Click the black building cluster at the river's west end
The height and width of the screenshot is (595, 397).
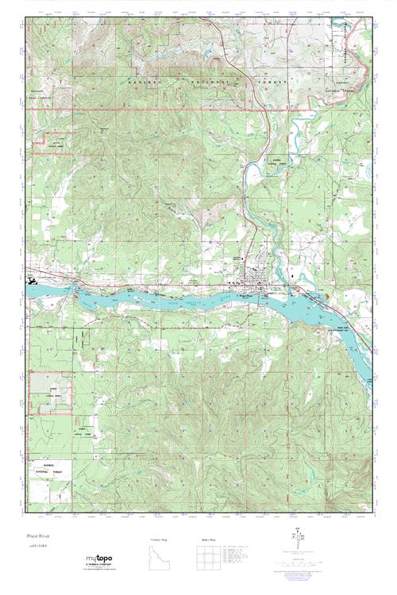pos(32,279)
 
